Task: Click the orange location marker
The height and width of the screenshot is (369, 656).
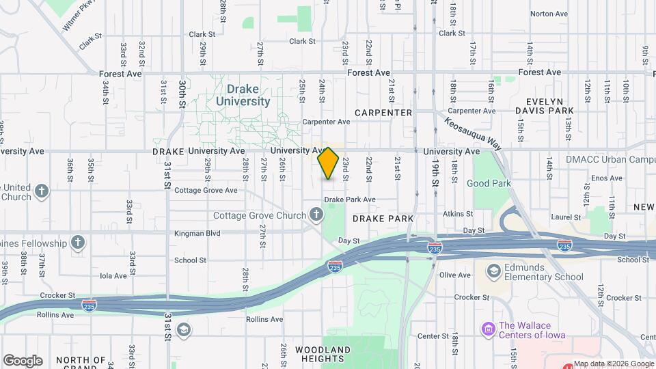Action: point(329,163)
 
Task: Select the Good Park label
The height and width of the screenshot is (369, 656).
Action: point(489,183)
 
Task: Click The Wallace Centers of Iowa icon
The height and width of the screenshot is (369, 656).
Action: point(488,330)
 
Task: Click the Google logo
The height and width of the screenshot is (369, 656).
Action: point(23,360)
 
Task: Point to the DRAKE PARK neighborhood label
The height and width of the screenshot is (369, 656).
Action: point(383,219)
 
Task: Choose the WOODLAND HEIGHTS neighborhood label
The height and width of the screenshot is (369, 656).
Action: point(323,354)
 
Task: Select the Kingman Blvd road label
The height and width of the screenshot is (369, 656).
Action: point(197,233)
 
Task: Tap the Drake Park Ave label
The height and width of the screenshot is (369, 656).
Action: point(350,200)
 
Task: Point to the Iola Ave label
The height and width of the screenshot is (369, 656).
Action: point(113,276)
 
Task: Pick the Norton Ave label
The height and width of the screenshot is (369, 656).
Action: point(549,14)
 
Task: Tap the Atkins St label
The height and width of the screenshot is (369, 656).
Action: point(458,214)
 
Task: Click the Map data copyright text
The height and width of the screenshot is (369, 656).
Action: point(613,364)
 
